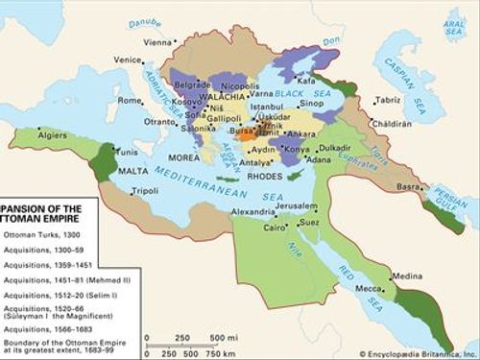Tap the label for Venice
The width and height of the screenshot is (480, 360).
[x=127, y=60]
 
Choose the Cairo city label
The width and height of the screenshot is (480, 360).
[x=276, y=228]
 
